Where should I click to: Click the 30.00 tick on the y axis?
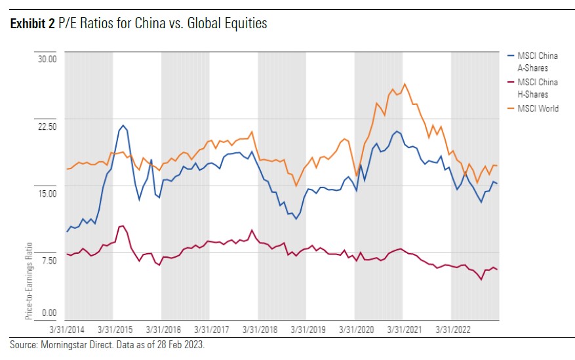46,58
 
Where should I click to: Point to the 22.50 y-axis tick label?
46,126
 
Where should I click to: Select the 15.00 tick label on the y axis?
46,193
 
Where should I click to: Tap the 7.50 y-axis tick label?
47,260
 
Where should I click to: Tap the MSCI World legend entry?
538,108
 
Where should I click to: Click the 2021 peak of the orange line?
405,83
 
